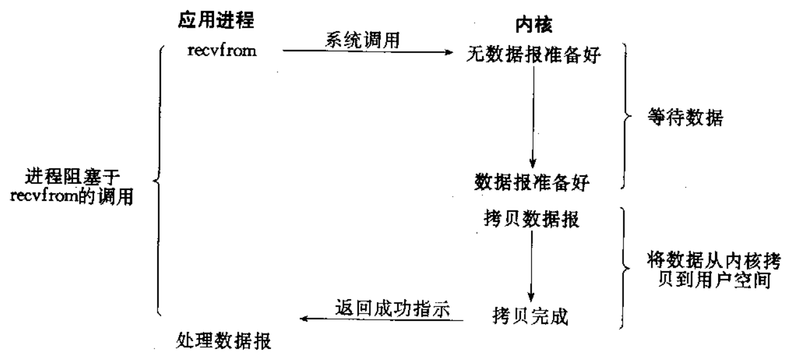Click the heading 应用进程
[216, 20]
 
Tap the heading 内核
[534, 25]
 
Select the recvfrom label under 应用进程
[222, 51]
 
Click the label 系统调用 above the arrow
[363, 40]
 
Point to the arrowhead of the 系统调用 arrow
[450, 52]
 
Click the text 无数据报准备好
[534, 55]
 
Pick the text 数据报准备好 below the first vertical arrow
[532, 182]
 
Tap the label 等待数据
[685, 118]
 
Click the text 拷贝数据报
[532, 219]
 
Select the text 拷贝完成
[530, 316]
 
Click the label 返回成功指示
[392, 308]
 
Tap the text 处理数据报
[224, 341]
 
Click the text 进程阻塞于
[73, 176]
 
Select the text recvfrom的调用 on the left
[72, 197]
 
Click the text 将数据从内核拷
[714, 261]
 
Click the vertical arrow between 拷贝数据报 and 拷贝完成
[531, 266]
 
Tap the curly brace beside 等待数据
[626, 116]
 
